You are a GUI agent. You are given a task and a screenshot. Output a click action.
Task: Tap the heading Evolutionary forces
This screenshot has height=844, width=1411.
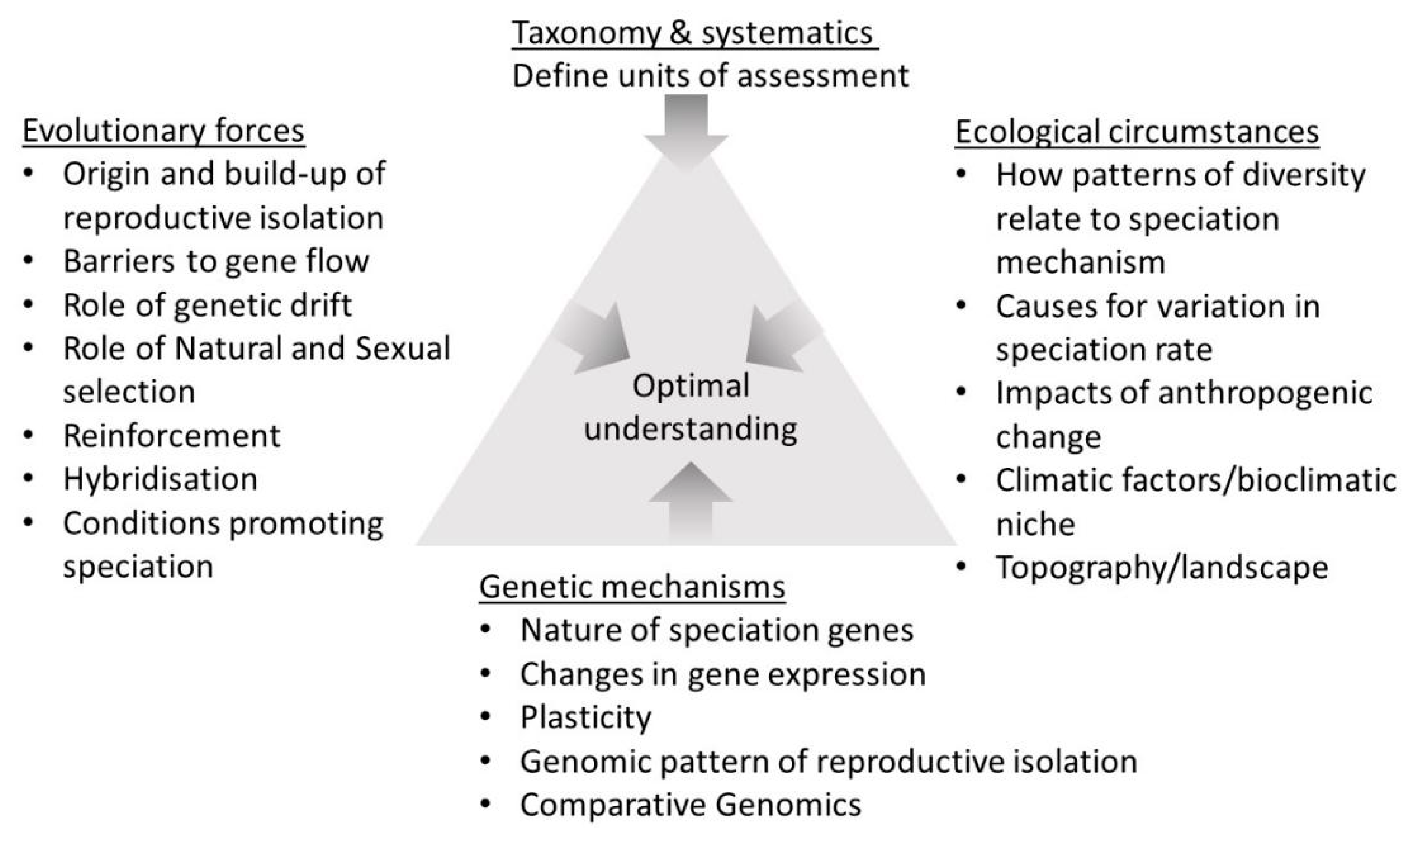point(163,131)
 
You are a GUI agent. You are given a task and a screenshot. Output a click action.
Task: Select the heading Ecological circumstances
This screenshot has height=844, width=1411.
point(1136,132)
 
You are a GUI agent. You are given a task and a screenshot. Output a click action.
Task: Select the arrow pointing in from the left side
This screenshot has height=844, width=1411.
point(595,338)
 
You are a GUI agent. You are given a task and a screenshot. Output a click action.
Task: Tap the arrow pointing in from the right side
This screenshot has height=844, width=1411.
point(780,338)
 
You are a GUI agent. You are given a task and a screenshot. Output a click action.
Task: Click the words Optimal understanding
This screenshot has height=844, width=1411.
point(691,407)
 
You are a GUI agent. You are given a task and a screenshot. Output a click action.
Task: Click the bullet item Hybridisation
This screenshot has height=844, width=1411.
point(160,479)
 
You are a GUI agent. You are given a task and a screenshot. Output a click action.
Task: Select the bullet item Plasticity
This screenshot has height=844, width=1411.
point(585,718)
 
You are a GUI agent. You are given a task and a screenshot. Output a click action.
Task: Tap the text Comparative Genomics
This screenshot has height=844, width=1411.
point(690,805)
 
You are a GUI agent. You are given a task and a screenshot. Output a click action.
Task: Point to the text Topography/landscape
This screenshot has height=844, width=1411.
point(1161,567)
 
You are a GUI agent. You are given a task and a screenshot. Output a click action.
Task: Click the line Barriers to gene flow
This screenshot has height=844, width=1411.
point(216,261)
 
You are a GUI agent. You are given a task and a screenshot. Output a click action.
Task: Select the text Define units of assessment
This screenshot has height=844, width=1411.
point(710,76)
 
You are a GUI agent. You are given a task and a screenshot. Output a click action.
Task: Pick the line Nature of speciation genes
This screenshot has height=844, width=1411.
point(716,630)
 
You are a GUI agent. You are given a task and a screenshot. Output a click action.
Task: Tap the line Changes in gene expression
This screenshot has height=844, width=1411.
point(722,674)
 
